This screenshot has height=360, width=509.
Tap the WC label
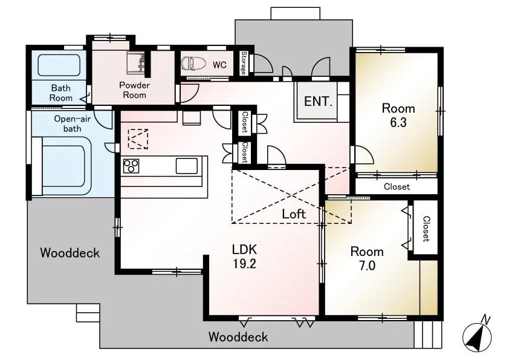[219, 65]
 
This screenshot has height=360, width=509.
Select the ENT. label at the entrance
[318, 102]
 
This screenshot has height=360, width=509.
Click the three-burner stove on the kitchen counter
[131, 166]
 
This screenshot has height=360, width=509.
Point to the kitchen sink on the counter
[187, 166]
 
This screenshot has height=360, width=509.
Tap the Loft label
[294, 214]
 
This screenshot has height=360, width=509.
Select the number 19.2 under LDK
[244, 264]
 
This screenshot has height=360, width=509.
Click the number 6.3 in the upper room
[398, 122]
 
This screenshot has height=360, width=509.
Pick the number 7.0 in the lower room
[367, 266]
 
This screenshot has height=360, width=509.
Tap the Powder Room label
[134, 90]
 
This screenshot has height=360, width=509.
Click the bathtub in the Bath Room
[59, 65]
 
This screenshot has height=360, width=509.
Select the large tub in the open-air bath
[61, 166]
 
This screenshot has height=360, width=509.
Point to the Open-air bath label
[72, 123]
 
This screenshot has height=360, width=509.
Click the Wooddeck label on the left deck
[70, 253]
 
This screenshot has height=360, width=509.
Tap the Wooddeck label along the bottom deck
[238, 337]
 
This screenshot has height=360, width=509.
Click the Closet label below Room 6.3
[397, 187]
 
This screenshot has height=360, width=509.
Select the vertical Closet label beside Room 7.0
[426, 229]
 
